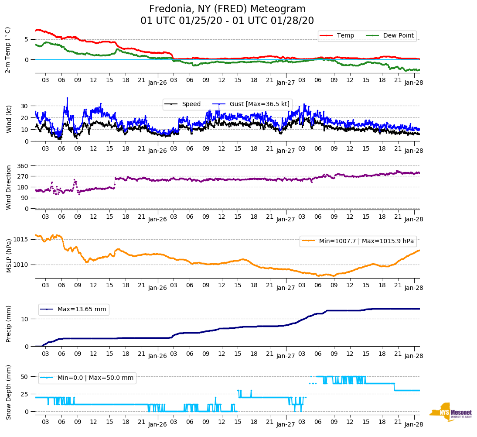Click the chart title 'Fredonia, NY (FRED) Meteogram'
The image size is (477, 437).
227,9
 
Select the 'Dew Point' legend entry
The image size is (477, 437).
398,35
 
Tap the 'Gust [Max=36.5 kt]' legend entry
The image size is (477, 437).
259,104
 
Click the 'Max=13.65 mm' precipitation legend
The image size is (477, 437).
82,310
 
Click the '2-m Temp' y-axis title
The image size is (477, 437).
8,50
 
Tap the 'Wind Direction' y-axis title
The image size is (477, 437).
9,187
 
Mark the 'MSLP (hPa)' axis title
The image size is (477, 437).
9,256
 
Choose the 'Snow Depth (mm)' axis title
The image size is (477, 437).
9,392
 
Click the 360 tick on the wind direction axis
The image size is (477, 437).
23,166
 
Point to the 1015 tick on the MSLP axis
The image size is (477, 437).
21,239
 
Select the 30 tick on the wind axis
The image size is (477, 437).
24,106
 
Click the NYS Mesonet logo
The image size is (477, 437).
451,412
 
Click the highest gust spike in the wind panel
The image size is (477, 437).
67,98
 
